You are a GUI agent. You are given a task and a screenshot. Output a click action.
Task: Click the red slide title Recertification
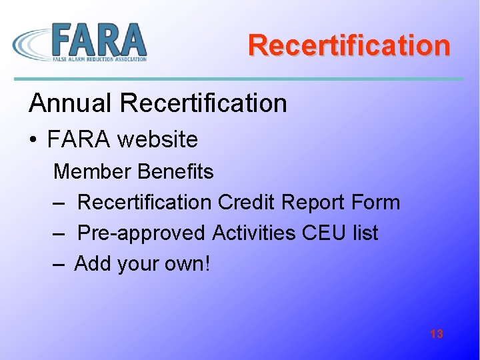pyautogui.click(x=349, y=45)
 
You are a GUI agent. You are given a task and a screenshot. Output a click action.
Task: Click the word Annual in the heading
pyautogui.click(x=71, y=103)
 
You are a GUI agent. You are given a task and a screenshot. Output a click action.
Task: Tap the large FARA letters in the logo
pyautogui.click(x=98, y=39)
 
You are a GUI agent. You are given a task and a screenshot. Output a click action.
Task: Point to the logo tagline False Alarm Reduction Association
pyautogui.click(x=99, y=59)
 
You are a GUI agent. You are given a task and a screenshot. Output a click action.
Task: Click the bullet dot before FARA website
pyautogui.click(x=33, y=140)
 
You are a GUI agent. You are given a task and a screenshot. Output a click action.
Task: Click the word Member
pyautogui.click(x=92, y=171)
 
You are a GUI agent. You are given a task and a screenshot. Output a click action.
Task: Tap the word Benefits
pyautogui.click(x=175, y=171)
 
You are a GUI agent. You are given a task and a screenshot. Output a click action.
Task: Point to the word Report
pyautogui.click(x=317, y=202)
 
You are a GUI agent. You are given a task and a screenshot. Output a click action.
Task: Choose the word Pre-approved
pyautogui.click(x=141, y=233)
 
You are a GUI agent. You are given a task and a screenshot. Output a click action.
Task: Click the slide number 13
pyautogui.click(x=437, y=334)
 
